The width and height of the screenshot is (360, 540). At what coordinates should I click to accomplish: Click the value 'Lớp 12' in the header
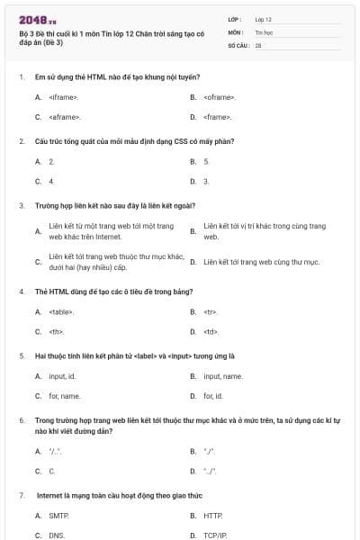263,18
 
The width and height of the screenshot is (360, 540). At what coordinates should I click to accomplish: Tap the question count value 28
257,43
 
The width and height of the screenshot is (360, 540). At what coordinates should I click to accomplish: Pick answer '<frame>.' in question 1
218,117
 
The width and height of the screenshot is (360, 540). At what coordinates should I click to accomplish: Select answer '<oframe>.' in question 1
220,97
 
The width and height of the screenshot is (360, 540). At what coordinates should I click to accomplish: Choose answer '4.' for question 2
51,181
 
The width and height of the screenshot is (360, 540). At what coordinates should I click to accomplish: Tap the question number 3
21,205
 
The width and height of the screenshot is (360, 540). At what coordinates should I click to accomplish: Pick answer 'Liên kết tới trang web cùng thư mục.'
261,262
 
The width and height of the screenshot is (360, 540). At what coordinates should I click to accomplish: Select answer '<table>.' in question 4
61,311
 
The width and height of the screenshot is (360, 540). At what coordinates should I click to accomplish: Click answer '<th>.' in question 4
56,331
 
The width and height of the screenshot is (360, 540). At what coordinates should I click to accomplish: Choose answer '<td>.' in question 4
211,331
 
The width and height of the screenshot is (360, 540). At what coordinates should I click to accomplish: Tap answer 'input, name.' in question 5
222,375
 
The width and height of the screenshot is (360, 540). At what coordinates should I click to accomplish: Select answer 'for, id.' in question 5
213,395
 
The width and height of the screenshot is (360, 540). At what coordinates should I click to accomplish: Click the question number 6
21,419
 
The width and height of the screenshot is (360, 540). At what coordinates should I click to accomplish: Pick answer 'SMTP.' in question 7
58,516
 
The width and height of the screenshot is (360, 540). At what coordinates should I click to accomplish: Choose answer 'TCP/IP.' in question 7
215,535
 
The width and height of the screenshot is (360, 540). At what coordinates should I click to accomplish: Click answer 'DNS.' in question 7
57,535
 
